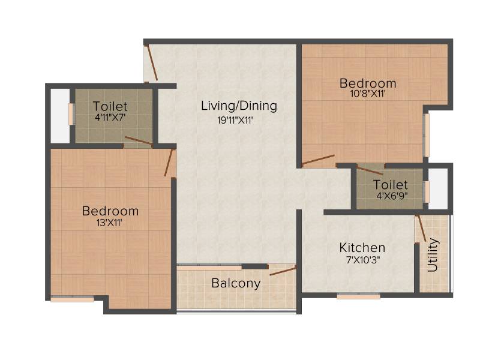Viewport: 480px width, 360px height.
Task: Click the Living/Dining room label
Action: (x=239, y=106)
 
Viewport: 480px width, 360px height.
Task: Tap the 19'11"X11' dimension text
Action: (x=235, y=121)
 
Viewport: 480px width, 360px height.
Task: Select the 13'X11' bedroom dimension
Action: (x=110, y=223)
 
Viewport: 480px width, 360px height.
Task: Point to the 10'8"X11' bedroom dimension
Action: (x=368, y=94)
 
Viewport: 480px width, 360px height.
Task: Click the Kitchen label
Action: (x=362, y=248)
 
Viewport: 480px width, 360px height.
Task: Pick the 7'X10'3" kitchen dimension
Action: (x=363, y=260)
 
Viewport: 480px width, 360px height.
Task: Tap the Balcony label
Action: (x=236, y=283)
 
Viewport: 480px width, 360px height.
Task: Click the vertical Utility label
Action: (x=433, y=255)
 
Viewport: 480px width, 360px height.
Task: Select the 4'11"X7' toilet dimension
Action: (x=110, y=118)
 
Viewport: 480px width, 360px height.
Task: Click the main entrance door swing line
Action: (x=151, y=62)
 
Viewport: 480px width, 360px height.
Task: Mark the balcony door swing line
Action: (x=283, y=271)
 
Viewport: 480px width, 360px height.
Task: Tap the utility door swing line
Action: (x=421, y=229)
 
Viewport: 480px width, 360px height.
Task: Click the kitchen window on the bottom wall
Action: (x=358, y=296)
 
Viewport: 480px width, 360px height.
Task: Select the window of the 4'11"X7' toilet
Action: (x=71, y=114)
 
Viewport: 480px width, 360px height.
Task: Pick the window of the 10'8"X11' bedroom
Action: (x=426, y=135)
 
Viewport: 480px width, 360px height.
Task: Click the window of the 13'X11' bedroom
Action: (x=72, y=299)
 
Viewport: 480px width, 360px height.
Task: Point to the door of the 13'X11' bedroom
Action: (x=169, y=162)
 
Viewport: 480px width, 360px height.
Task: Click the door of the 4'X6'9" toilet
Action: (x=370, y=170)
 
